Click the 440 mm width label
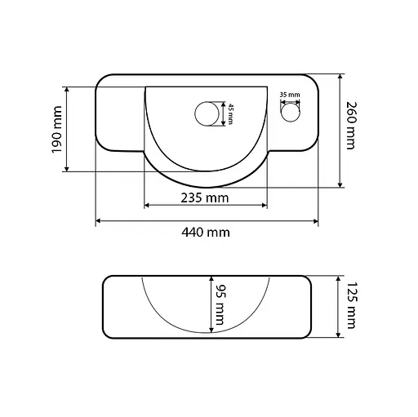click(x=206, y=233)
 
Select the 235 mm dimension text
click(x=205, y=198)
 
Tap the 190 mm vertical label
click(x=57, y=130)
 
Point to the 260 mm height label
click(x=351, y=126)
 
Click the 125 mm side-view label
click(x=351, y=305)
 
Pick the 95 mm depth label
click(x=220, y=304)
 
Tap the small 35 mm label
click(x=290, y=95)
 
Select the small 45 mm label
click(x=230, y=113)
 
